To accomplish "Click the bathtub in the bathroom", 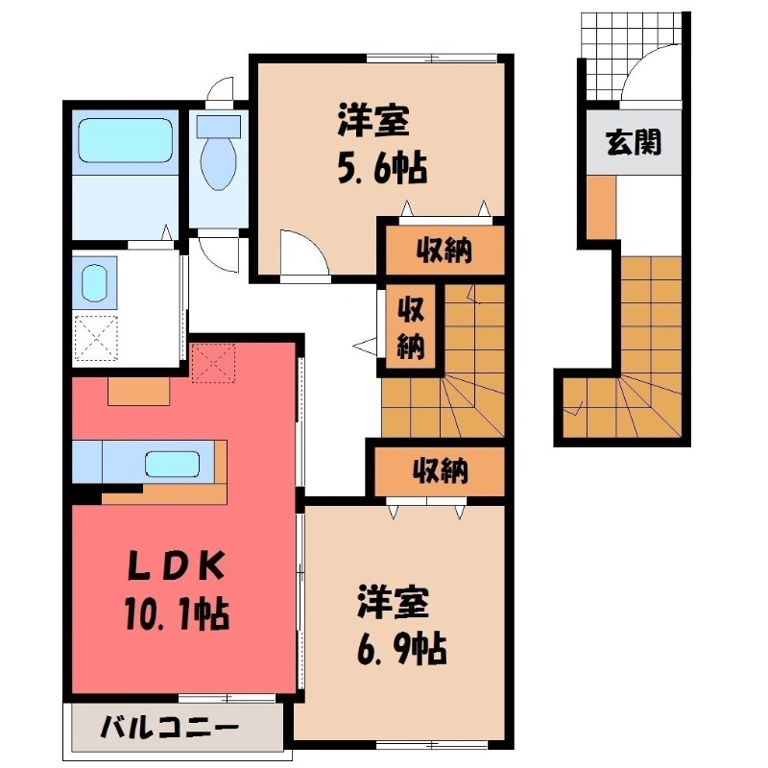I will pyautogui.click(x=125, y=141).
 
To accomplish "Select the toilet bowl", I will pyautogui.click(x=219, y=157).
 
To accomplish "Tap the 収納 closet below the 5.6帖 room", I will pyautogui.click(x=444, y=252).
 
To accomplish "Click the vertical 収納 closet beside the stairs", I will pyautogui.click(x=412, y=326).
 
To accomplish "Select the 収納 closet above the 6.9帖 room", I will pyautogui.click(x=440, y=470).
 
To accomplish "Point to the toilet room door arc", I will pyautogui.click(x=221, y=91).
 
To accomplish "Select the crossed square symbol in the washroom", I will pyautogui.click(x=94, y=337).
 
